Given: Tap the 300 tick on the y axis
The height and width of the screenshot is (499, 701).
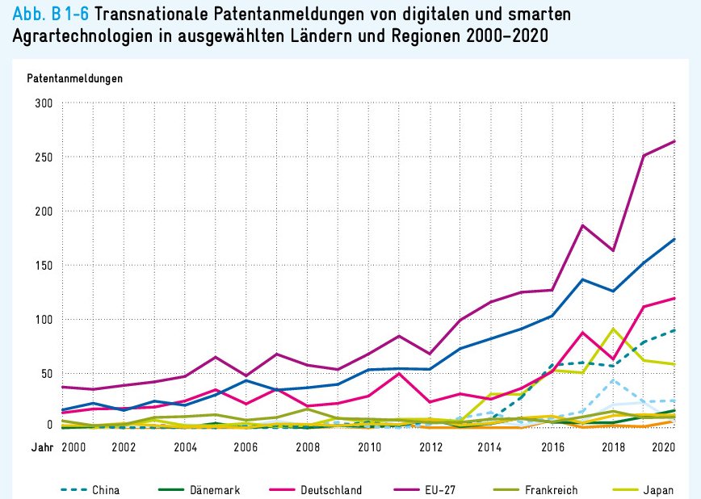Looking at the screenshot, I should pos(43,103).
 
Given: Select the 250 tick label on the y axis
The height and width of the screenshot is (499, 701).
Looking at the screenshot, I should pos(43,157).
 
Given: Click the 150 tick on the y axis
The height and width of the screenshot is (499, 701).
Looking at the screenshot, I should pos(43,266).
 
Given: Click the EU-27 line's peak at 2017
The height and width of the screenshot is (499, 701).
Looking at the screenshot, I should pos(583,225).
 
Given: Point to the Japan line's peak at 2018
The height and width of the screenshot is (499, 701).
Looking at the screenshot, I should pos(614,329).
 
